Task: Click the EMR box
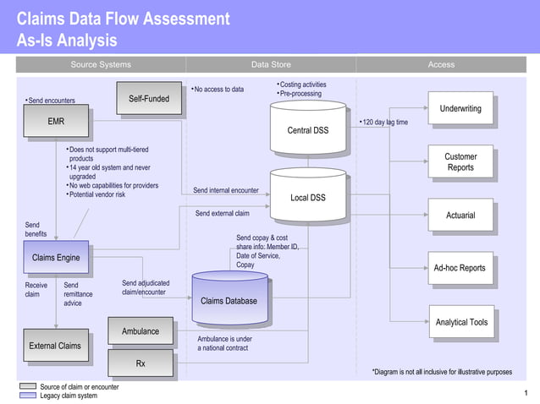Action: [x=56, y=122]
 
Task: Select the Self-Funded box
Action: [x=148, y=99]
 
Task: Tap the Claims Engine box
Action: [x=56, y=258]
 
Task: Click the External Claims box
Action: [x=55, y=346]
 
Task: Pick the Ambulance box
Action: [x=141, y=331]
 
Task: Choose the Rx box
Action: [x=141, y=363]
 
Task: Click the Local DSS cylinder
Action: [x=308, y=197]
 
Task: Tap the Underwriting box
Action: [x=460, y=108]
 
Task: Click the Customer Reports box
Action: [x=460, y=162]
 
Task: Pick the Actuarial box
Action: [x=460, y=216]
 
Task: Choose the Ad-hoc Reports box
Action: [x=460, y=268]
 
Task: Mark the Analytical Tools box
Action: [x=461, y=322]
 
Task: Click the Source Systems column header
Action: [x=101, y=64]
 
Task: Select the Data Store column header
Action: [x=271, y=64]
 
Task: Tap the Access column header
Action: [x=441, y=64]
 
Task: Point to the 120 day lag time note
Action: [x=386, y=123]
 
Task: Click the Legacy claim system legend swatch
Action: [x=27, y=396]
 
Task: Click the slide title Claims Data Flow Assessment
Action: [x=123, y=19]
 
